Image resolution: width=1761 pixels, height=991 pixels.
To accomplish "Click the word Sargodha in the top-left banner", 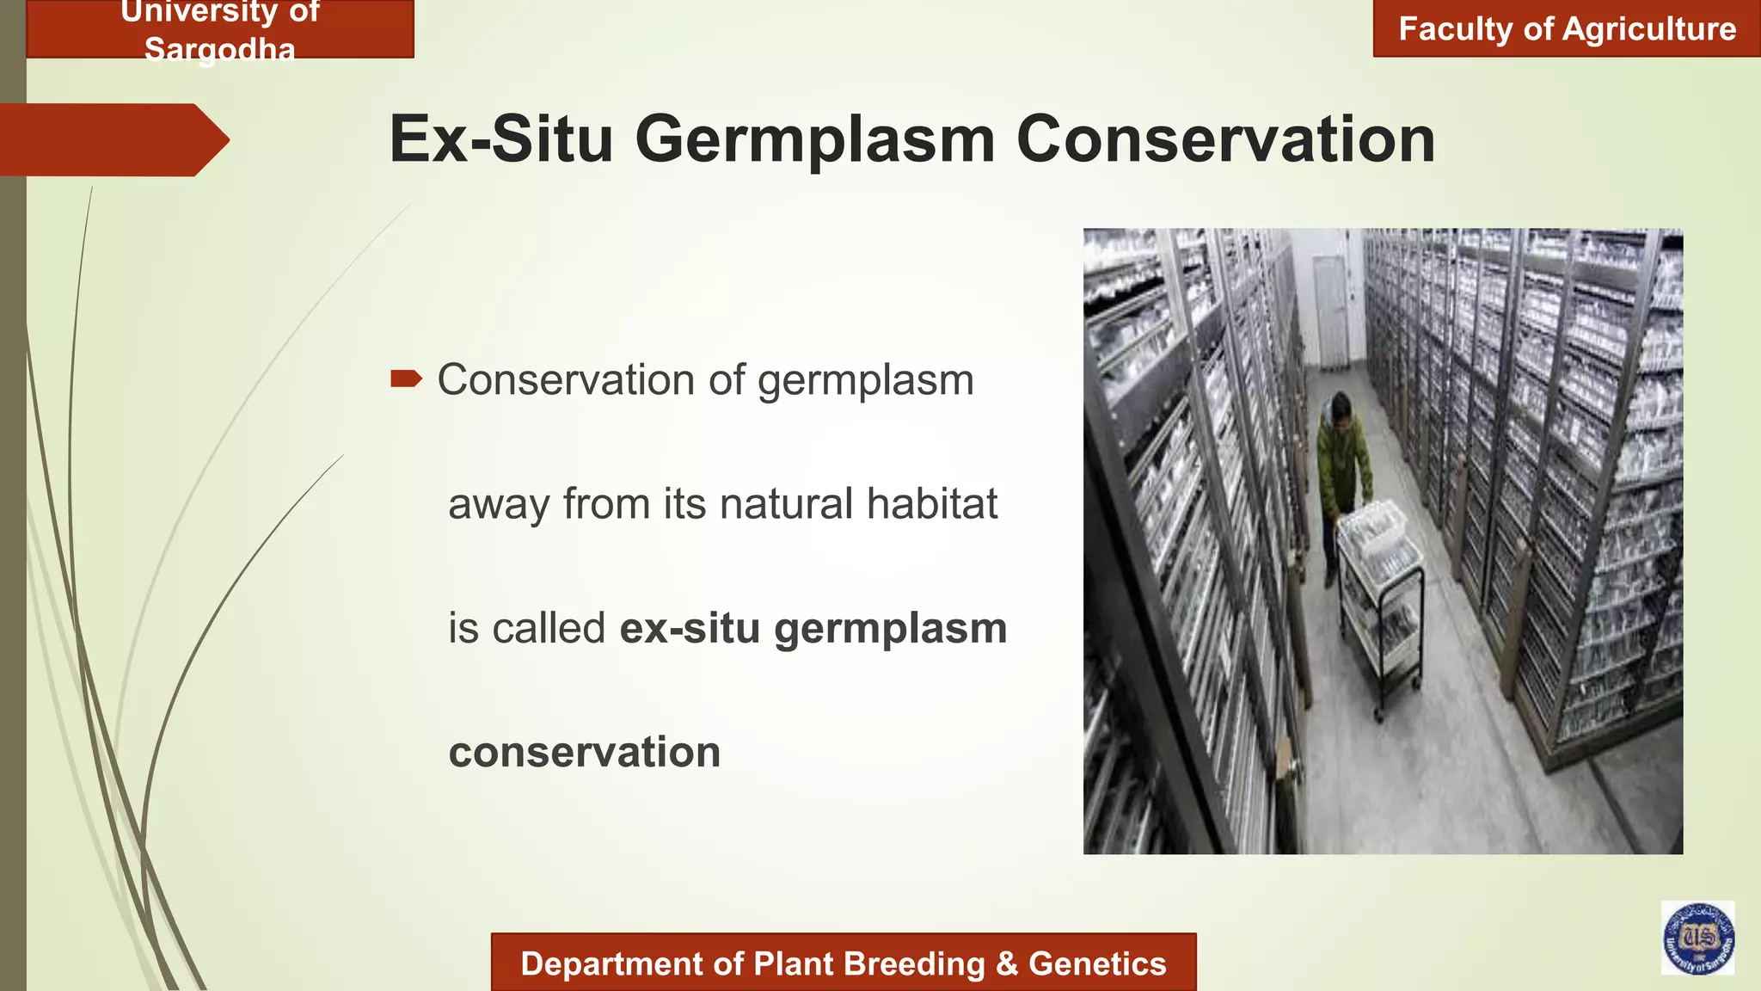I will [x=219, y=50].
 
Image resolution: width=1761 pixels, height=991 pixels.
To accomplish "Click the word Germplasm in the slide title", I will [x=814, y=139].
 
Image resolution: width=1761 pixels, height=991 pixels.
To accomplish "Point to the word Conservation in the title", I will [x=1225, y=139].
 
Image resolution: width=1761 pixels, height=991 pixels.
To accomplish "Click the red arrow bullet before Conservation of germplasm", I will [x=406, y=379].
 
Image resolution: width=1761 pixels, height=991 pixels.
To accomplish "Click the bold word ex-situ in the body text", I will [x=690, y=628].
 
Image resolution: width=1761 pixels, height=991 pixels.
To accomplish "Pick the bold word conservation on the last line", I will [x=585, y=752].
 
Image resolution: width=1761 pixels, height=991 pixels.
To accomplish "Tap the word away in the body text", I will [x=499, y=504].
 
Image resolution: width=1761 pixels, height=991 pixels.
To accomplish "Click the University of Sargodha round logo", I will [x=1697, y=938].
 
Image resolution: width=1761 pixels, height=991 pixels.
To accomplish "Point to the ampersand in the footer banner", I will [x=1006, y=963].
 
